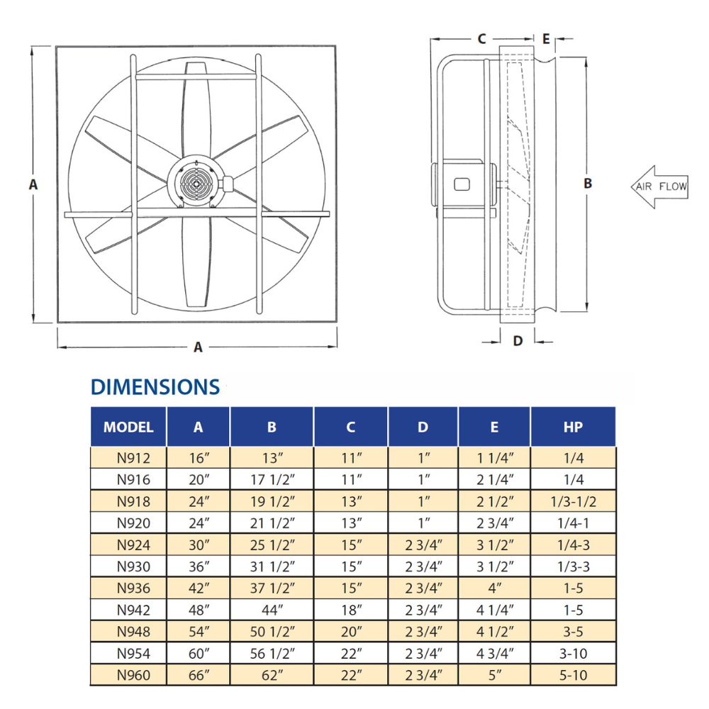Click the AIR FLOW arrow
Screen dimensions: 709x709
click(x=659, y=186)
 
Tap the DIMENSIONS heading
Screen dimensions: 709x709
click(x=155, y=387)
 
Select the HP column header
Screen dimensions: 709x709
click(x=573, y=427)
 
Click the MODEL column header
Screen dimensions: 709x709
click(x=128, y=427)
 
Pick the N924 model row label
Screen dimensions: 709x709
click(x=133, y=545)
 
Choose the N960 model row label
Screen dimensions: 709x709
click(x=133, y=675)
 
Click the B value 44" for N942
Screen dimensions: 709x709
click(x=272, y=610)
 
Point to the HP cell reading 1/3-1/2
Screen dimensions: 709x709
click(x=574, y=501)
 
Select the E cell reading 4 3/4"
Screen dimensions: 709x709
click(x=495, y=654)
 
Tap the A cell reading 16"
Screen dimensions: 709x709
click(x=199, y=458)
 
